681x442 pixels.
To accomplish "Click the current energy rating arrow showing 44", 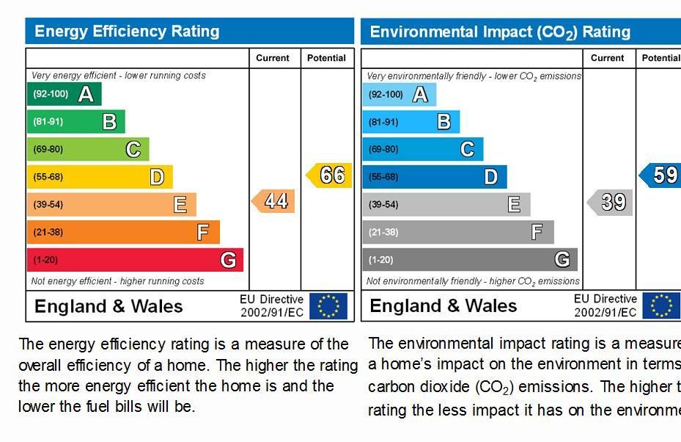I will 274,201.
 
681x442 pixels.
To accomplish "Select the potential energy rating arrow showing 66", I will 330,175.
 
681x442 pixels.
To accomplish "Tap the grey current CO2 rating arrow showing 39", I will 611,202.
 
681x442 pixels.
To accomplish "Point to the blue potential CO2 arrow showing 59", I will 660,175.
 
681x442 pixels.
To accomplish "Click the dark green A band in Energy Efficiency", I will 64,94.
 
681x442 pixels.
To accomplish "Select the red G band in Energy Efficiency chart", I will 135,260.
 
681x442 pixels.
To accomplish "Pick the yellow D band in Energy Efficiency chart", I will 100,177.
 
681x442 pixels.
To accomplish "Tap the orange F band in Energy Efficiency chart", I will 123,232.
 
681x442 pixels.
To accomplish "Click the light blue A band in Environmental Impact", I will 399,94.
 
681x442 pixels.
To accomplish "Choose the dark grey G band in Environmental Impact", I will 469,260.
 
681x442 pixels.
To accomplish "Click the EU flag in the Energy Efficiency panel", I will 328,306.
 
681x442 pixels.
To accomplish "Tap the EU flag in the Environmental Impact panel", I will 661,306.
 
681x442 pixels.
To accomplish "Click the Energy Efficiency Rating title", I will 127,32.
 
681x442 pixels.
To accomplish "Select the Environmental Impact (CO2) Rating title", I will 500,32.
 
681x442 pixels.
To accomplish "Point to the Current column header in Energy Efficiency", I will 273,58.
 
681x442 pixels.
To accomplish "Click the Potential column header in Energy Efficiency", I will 326,58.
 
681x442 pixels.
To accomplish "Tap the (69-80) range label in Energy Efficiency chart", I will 48,149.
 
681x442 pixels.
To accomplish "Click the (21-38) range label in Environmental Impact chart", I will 383,232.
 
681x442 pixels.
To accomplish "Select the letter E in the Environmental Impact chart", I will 514,205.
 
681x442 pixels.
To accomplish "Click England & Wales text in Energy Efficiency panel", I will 108,306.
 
